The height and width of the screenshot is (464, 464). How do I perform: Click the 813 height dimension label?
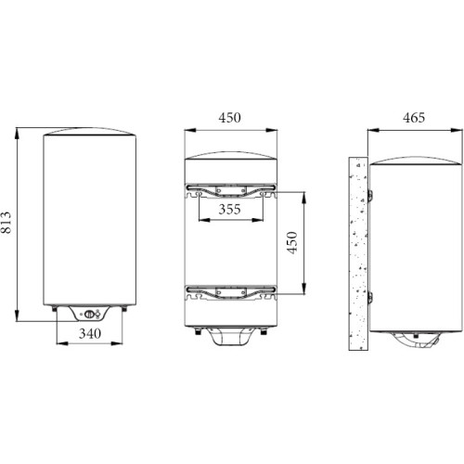6,222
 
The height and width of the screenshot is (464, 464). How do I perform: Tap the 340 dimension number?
90,333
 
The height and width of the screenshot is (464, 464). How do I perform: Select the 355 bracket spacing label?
229,210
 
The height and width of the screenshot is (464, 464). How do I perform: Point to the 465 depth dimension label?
414,118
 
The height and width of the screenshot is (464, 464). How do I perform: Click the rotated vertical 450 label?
292,243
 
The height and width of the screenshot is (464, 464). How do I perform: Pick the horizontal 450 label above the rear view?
229,118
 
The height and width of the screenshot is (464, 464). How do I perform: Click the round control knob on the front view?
89,314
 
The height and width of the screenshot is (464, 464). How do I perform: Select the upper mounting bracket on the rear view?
231,190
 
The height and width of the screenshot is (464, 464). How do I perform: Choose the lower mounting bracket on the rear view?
231,292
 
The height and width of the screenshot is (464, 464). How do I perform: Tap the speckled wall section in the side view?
358,253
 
